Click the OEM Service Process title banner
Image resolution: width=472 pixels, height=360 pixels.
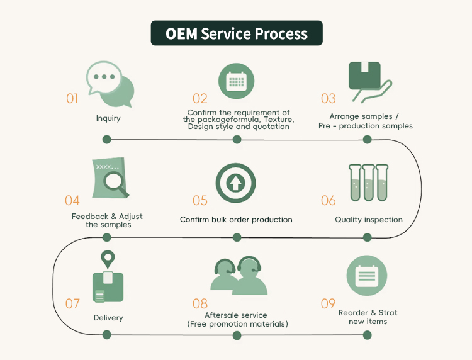236,33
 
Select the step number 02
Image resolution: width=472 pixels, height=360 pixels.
200,98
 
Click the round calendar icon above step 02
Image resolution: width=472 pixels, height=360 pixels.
236,82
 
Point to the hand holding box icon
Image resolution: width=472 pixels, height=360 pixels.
368,82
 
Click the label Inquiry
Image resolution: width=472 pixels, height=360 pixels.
108,118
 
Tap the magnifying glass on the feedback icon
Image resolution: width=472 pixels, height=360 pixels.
114,183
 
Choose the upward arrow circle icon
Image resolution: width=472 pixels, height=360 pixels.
236,183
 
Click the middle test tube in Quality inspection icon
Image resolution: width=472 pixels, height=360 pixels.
368,183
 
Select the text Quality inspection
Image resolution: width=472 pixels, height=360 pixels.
369,220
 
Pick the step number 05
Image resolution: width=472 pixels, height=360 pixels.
200,201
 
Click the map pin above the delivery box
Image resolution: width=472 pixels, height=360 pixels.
108,257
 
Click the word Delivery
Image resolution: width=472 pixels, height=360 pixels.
108,318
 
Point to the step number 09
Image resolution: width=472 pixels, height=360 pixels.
329,304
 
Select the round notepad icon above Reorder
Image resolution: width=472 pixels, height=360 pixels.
367,276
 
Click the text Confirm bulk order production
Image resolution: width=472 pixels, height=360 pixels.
236,220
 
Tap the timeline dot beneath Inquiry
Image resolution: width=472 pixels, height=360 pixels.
107,139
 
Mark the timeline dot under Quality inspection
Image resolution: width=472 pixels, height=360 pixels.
368,237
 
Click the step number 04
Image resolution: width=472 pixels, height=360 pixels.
72,201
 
